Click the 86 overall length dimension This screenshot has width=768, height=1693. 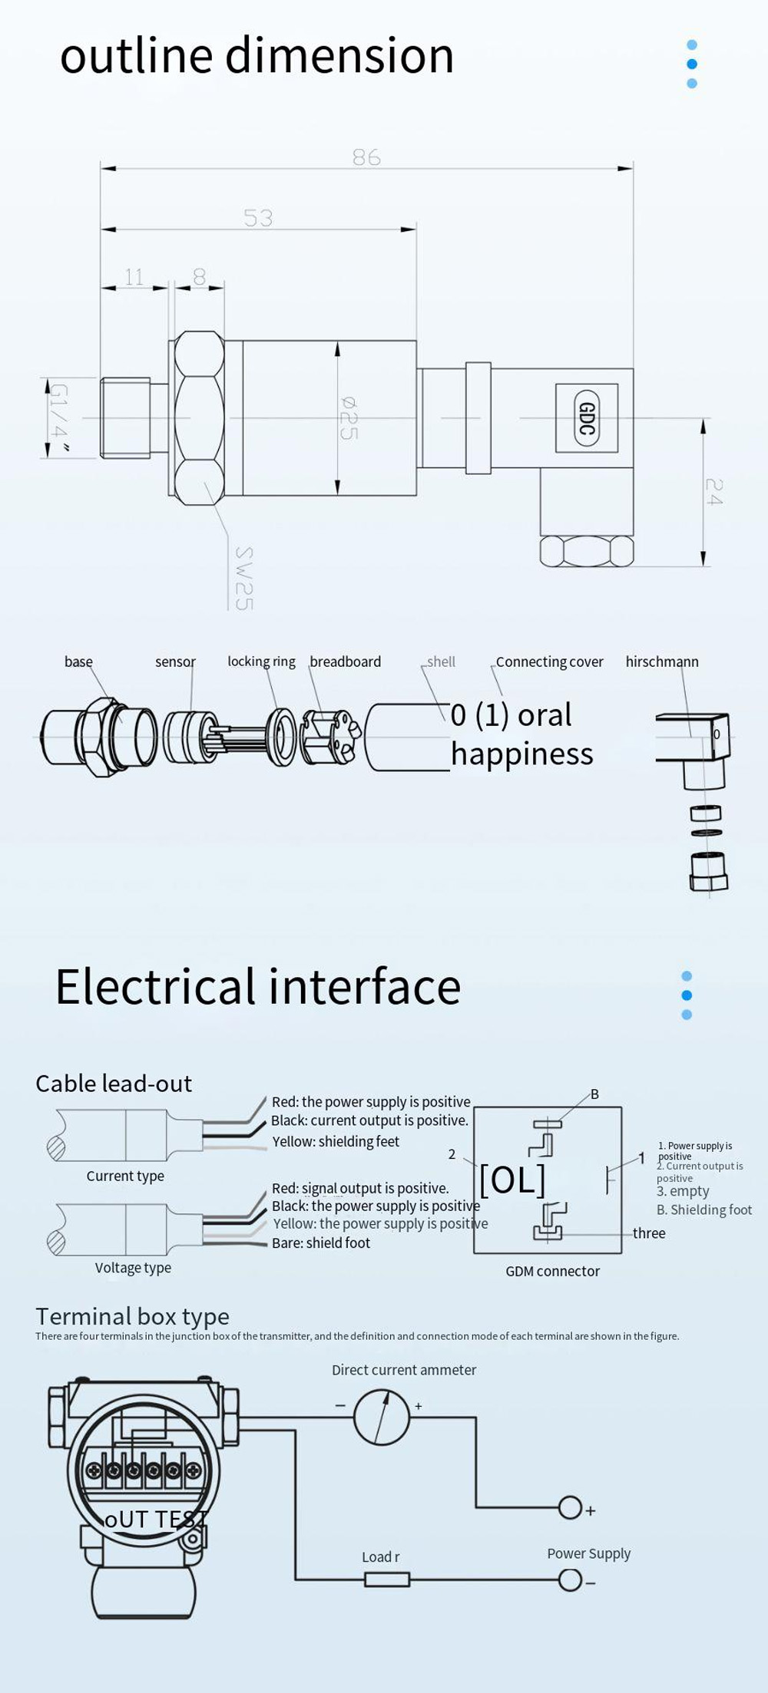[366, 157]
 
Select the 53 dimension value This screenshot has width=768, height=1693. [258, 219]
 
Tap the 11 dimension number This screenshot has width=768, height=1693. [134, 277]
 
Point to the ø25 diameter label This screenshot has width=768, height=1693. [348, 418]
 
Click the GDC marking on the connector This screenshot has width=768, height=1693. [587, 418]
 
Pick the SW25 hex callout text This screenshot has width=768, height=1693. [243, 579]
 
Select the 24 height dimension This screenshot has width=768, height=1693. [713, 492]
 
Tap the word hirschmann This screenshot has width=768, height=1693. [662, 662]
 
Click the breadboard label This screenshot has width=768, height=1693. [345, 662]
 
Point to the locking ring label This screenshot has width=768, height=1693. [261, 662]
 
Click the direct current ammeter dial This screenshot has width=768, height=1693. [382, 1418]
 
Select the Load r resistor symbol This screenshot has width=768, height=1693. [386, 1579]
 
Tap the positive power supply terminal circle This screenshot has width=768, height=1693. [570, 1508]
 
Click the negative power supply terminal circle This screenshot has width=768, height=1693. [570, 1580]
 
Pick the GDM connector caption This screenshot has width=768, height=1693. [552, 1272]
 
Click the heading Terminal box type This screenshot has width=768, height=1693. [132, 1317]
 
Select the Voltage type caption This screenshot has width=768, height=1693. [133, 1268]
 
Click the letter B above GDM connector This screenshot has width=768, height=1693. [594, 1094]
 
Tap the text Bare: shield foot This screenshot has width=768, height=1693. [321, 1243]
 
